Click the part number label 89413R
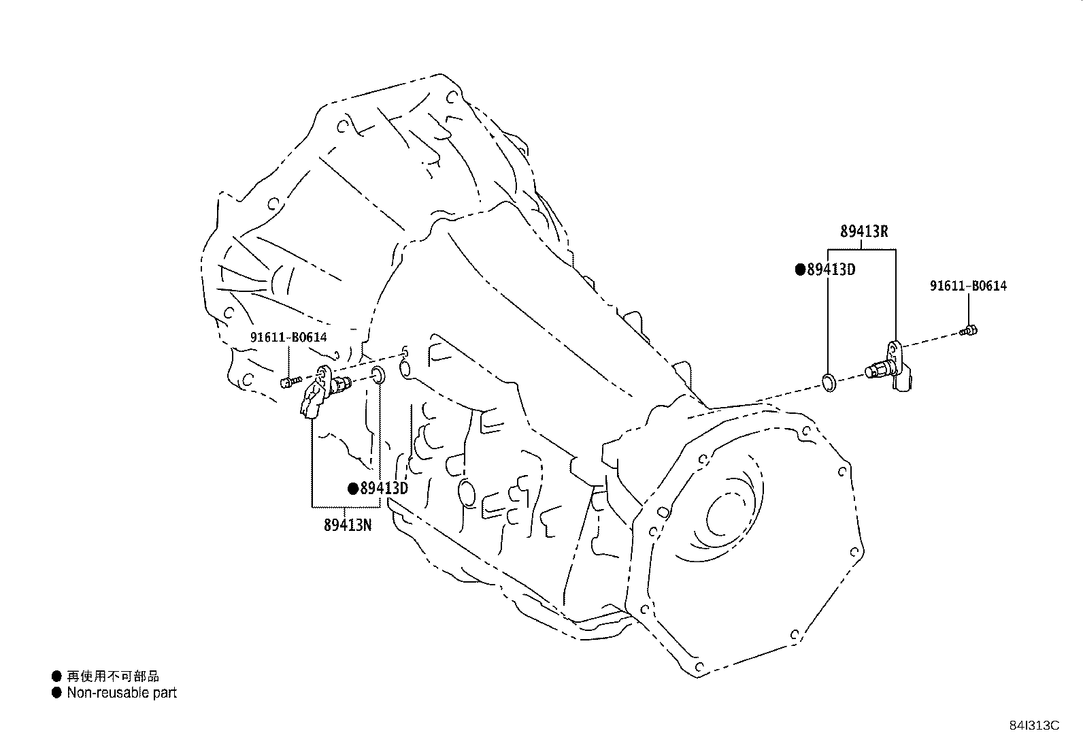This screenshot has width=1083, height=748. pyautogui.click(x=864, y=231)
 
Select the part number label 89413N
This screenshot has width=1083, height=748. pyautogui.click(x=347, y=525)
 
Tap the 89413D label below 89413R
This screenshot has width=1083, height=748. pyautogui.click(x=831, y=270)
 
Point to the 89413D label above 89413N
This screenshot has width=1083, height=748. pyautogui.click(x=384, y=488)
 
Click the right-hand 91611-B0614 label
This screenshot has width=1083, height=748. pyautogui.click(x=968, y=287)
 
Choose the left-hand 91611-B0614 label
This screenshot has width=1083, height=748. pyautogui.click(x=288, y=337)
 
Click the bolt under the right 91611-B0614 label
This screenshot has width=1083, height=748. pyautogui.click(x=969, y=331)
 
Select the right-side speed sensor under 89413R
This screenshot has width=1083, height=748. pyautogui.click(x=888, y=368)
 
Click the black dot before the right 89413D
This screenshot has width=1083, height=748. pyautogui.click(x=801, y=270)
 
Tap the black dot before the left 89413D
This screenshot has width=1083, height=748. pyautogui.click(x=353, y=488)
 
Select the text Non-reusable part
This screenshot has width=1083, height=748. pyautogui.click(x=122, y=693)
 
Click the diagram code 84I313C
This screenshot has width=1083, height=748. pyautogui.click(x=1034, y=726)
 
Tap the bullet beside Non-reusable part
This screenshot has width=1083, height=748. pyautogui.click(x=56, y=693)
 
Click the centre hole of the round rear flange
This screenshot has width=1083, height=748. pyautogui.click(x=722, y=512)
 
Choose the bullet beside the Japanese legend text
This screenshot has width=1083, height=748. pyautogui.click(x=56, y=676)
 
